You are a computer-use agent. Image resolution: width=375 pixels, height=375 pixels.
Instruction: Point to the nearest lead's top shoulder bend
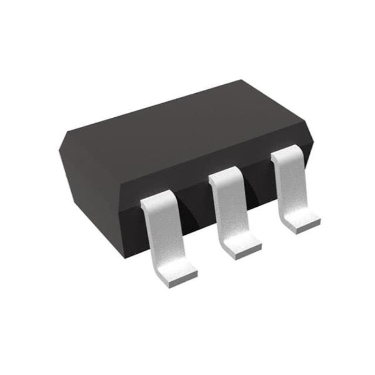click(157, 199)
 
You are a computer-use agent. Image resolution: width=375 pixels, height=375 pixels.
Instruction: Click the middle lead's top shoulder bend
click(224, 176)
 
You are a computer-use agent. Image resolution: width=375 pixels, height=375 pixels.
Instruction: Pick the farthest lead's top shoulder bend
click(286, 152)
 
